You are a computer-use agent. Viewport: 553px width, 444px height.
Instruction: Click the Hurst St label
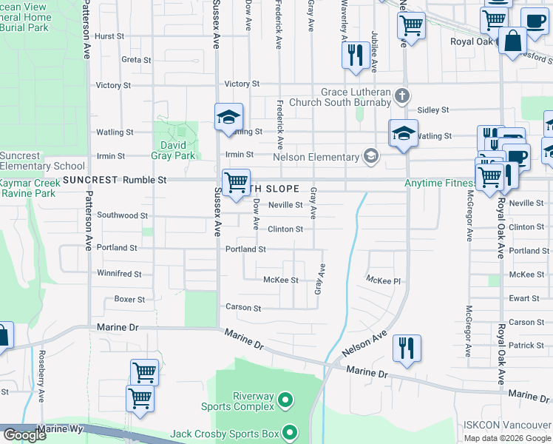pyautogui.click(x=109, y=36)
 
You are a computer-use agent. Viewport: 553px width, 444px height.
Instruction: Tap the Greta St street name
pyautogui.click(x=136, y=59)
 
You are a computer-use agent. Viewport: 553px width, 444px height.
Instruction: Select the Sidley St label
pyautogui.click(x=433, y=110)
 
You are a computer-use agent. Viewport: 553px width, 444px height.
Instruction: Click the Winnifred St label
pyautogui.click(x=119, y=274)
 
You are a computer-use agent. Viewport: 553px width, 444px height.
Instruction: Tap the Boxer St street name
pyautogui.click(x=129, y=300)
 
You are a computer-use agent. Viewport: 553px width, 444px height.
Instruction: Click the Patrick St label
pyautogui.click(x=526, y=346)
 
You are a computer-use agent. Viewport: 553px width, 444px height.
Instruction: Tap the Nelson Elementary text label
pyautogui.click(x=316, y=157)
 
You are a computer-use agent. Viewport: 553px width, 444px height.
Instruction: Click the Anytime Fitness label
pyautogui.click(x=439, y=183)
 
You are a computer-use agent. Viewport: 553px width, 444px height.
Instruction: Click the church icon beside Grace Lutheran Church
pyautogui.click(x=401, y=95)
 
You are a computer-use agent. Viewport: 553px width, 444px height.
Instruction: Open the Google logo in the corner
pyautogui.click(x=24, y=435)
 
